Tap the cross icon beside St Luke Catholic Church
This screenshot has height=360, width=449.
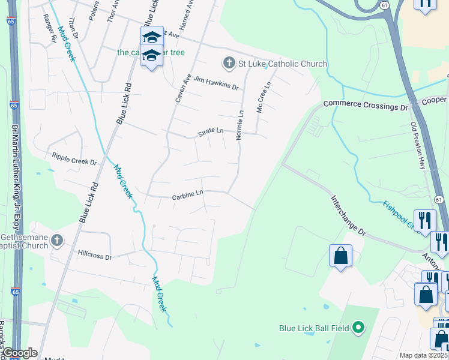[x=228, y=62]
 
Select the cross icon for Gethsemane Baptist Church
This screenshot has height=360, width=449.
[x=57, y=241]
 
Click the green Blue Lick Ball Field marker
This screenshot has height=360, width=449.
[x=358, y=328]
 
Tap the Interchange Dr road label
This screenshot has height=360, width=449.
[x=346, y=214]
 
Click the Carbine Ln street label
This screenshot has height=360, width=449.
[x=188, y=195]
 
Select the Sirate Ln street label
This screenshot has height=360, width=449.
[x=211, y=133]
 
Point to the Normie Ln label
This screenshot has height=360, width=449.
[x=240, y=125]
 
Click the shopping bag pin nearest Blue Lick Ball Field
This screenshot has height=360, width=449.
[x=340, y=256]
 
